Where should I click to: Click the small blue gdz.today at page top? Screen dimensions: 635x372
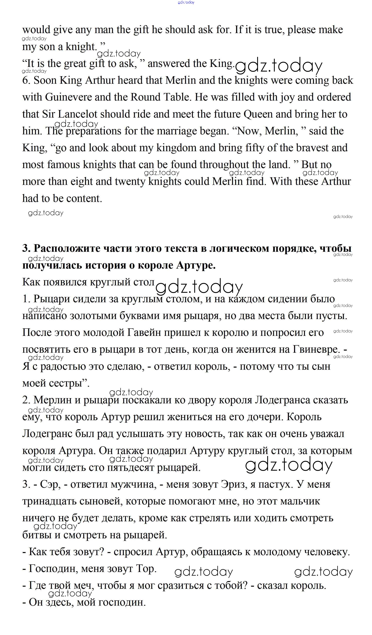point(186,2)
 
